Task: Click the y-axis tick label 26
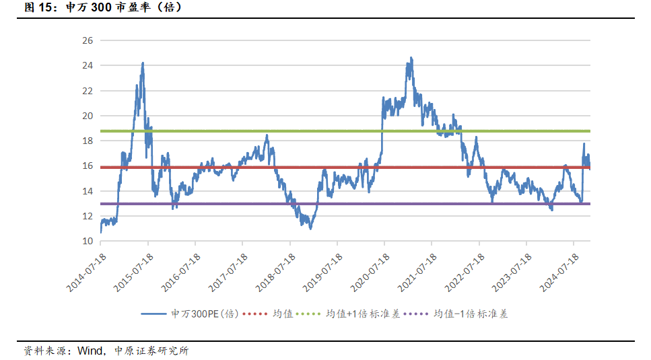(x=87, y=40)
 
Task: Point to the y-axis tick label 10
(x=87, y=241)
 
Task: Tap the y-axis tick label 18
(x=87, y=141)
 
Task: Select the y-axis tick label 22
(x=87, y=90)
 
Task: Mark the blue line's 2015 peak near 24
(x=143, y=63)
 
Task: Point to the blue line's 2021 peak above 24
(x=411, y=58)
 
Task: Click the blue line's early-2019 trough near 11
(x=310, y=228)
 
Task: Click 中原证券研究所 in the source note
(x=151, y=351)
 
